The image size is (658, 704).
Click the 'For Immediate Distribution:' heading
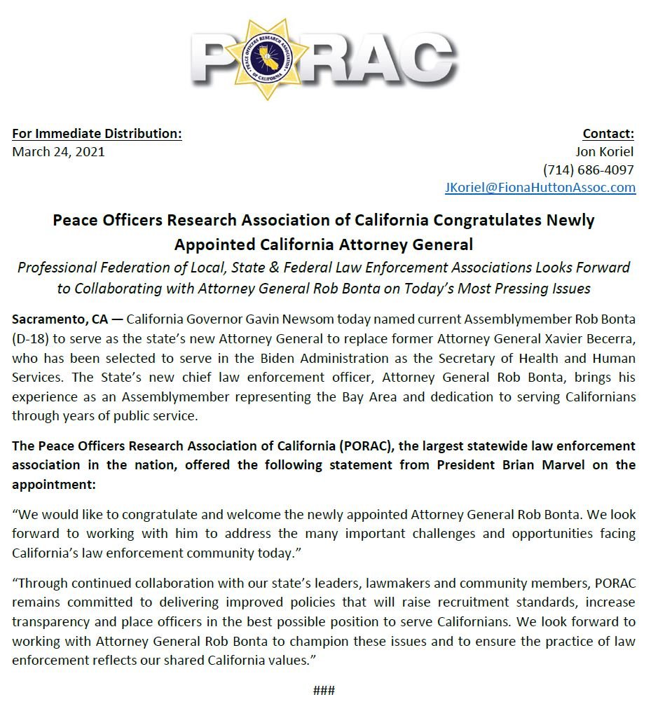97,134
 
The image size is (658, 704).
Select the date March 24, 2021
58,152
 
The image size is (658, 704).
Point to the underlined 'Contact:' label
608,134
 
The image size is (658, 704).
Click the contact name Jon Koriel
604,152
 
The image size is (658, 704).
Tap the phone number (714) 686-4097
589,170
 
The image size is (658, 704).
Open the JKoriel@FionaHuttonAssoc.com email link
540,188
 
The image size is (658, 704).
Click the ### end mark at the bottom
324,691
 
